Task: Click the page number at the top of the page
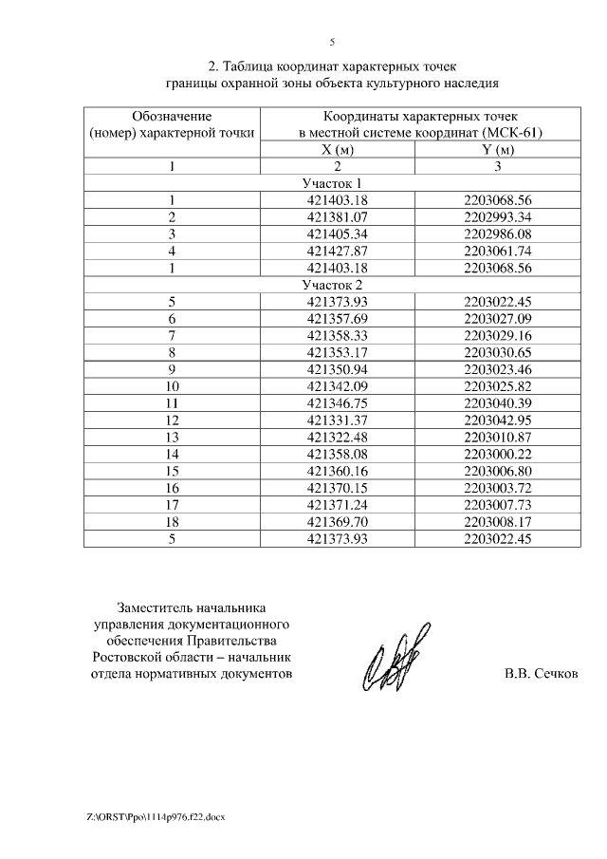(x=332, y=42)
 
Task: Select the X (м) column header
(x=337, y=150)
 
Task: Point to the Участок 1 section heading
(x=332, y=183)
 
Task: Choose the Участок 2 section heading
(x=332, y=284)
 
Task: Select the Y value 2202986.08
(x=498, y=233)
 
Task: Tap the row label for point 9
(x=172, y=368)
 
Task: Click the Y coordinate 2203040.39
(x=498, y=402)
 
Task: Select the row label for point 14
(x=172, y=454)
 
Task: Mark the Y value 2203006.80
(x=498, y=471)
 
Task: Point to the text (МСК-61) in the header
(x=510, y=133)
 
